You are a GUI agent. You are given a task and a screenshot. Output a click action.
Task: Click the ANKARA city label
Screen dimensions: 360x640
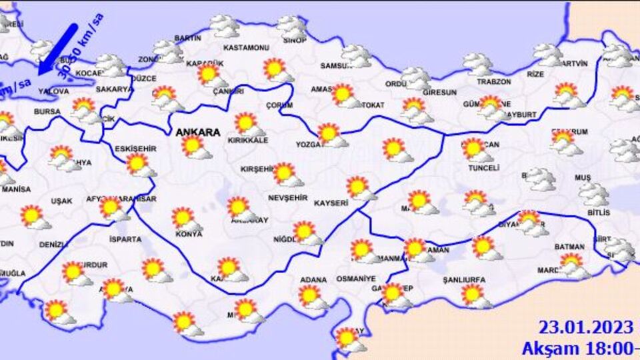pyautogui.click(x=197, y=133)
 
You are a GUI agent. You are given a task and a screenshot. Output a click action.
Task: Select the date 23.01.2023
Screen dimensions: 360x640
pyautogui.click(x=585, y=327)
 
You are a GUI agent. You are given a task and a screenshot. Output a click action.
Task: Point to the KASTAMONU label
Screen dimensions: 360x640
pyautogui.click(x=245, y=48)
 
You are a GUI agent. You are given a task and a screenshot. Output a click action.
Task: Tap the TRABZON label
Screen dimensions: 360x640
pyautogui.click(x=475, y=81)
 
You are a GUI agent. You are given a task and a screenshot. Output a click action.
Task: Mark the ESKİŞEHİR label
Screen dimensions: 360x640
pyautogui.click(x=135, y=148)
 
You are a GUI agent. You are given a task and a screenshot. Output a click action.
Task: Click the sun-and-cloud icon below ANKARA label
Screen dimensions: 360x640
pyautogui.click(x=195, y=147)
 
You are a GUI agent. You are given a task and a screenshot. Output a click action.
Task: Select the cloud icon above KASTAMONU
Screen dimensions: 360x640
pyautogui.click(x=225, y=27)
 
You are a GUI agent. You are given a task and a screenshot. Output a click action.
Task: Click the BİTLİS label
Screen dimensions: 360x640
pyautogui.click(x=599, y=212)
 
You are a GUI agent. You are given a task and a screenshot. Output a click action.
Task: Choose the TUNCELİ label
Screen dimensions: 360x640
pyautogui.click(x=483, y=168)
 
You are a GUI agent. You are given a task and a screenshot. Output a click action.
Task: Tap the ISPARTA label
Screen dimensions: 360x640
pyautogui.click(x=125, y=239)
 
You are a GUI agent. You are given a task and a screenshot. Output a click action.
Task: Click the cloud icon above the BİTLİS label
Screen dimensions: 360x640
pyautogui.click(x=593, y=194)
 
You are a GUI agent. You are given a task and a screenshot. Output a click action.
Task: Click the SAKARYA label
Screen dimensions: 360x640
pyautogui.click(x=115, y=89)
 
